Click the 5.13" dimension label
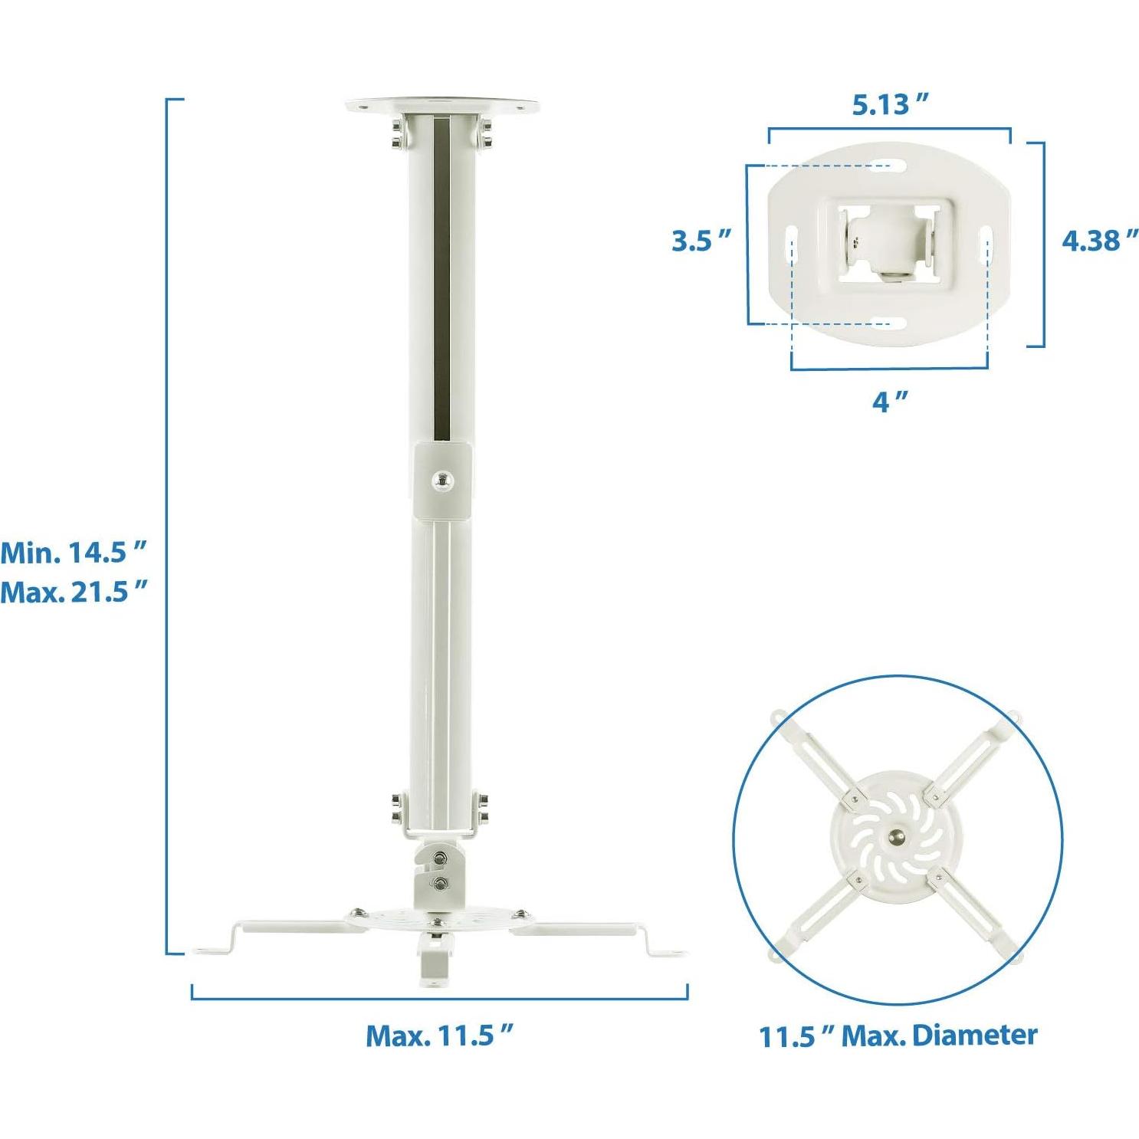point(890,104)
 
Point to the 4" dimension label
point(889,399)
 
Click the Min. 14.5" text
point(74,552)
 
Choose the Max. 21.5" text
point(74,592)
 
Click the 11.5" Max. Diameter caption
point(898,1036)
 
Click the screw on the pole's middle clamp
point(441,481)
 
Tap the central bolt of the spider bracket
point(896,836)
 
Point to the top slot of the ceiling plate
point(889,165)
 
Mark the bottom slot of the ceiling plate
point(889,323)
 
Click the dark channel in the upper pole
point(442,276)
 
